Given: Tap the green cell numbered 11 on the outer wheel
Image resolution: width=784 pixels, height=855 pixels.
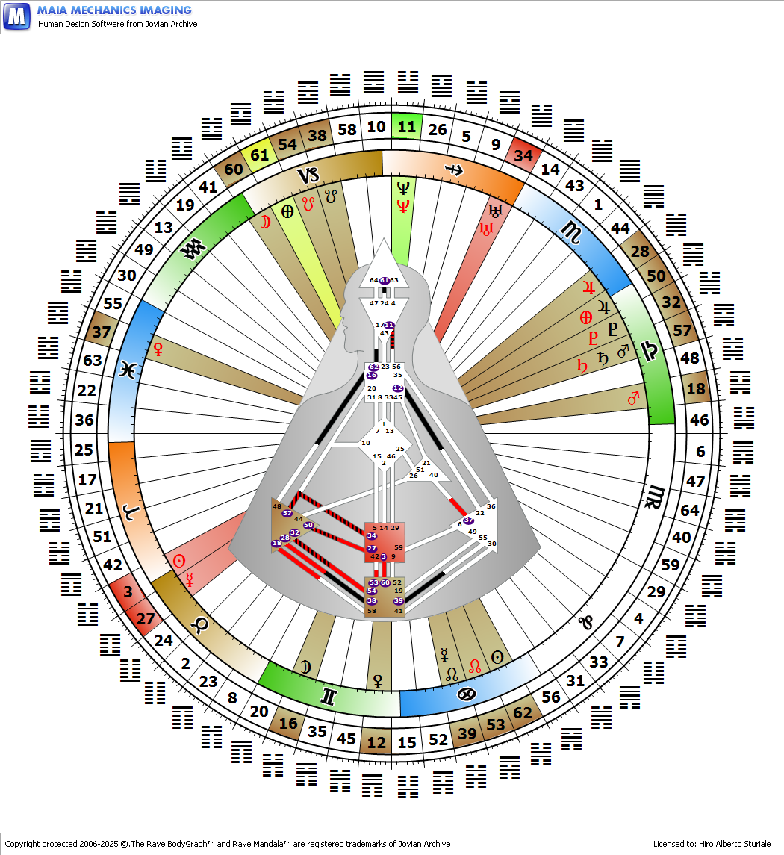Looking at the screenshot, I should [406, 126].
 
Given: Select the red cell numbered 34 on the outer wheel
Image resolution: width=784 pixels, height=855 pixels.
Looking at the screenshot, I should [523, 155].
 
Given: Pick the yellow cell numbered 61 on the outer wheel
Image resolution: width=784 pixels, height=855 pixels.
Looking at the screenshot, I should [260, 156].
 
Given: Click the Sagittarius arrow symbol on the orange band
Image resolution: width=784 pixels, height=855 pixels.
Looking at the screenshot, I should [452, 169].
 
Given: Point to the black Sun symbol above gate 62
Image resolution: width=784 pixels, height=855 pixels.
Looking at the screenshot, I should [497, 657].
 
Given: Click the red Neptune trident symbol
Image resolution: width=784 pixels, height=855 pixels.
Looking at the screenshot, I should [403, 205].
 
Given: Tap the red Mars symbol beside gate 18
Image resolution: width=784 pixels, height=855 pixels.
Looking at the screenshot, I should [635, 399].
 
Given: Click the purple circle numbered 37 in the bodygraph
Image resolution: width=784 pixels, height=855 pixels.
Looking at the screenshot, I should [468, 520].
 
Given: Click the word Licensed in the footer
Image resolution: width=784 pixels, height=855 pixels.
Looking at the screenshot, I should [670, 844].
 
